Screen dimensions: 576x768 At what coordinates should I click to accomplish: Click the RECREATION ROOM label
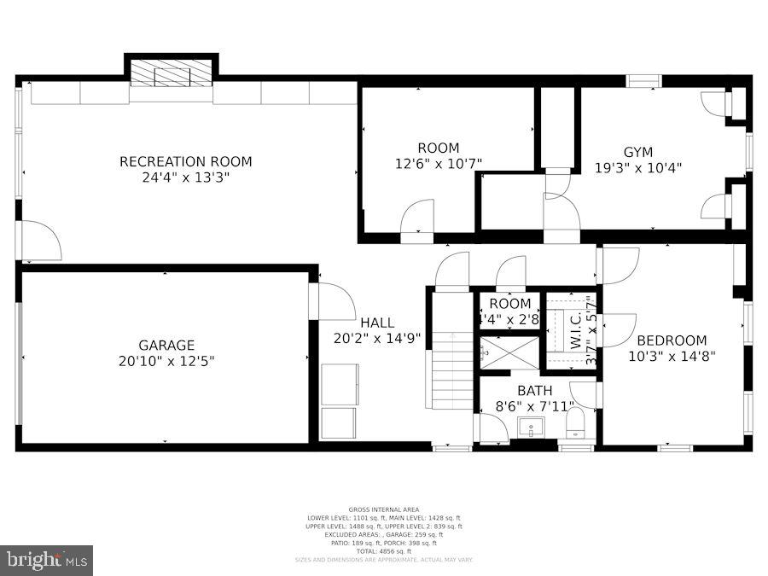185,161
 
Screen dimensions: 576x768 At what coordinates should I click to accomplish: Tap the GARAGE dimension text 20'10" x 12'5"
166,361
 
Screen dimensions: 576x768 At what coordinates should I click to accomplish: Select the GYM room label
637,152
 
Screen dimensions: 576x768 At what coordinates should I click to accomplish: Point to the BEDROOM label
672,340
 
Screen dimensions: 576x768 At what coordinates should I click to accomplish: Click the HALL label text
376,323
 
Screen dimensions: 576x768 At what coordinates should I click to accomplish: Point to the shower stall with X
509,352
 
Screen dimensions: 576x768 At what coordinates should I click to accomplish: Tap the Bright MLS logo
47,561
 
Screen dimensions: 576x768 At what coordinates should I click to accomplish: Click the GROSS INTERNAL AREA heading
383,509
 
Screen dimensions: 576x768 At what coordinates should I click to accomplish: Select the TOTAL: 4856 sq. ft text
383,550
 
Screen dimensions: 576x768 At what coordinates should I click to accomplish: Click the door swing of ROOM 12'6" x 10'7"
418,217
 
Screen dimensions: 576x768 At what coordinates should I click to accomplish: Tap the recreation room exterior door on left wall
39,241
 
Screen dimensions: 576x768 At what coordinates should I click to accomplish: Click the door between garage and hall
334,302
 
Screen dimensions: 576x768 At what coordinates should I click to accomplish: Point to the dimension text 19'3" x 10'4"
637,168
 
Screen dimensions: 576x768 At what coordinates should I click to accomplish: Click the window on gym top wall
643,81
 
